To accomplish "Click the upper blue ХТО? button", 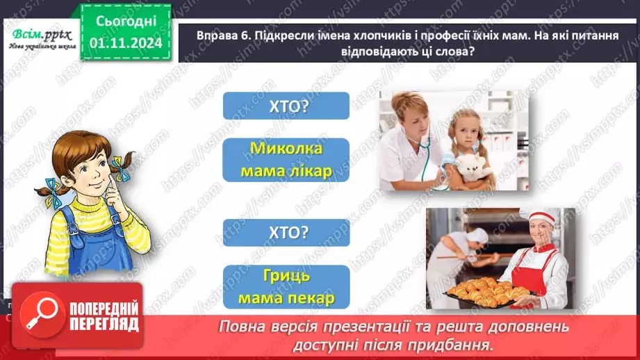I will pos(286,106).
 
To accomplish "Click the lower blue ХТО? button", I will pos(286,234).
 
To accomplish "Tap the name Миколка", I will pos(286,150).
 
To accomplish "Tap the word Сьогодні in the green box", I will pos(125,21).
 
